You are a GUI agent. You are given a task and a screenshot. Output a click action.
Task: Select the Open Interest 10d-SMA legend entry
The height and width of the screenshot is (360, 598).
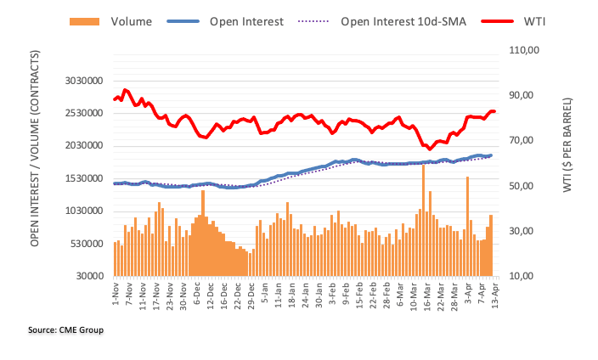pos(403,20)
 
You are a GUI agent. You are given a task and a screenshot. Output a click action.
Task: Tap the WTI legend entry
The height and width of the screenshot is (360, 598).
pos(535,20)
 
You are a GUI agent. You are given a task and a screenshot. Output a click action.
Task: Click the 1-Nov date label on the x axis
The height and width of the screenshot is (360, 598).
pos(115,293)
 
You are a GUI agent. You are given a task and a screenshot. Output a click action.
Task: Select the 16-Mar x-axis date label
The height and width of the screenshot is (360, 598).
pos(421,295)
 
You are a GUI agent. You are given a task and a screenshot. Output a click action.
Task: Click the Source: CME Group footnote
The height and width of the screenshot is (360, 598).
pos(65,328)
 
